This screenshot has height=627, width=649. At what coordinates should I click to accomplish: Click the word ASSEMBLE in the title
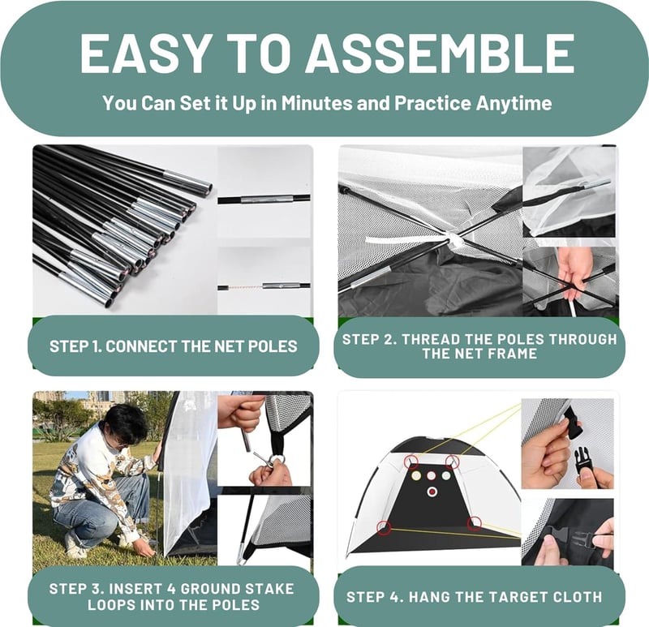click(x=440, y=53)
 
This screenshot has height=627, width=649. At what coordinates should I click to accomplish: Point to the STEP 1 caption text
click(x=173, y=346)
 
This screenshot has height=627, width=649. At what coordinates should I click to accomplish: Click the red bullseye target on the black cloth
click(x=432, y=492)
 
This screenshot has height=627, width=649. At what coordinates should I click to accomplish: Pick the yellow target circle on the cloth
click(x=416, y=476)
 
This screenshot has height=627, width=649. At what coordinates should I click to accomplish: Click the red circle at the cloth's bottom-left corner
click(x=384, y=528)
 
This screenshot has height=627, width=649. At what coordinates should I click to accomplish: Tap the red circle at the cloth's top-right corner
click(x=452, y=462)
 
